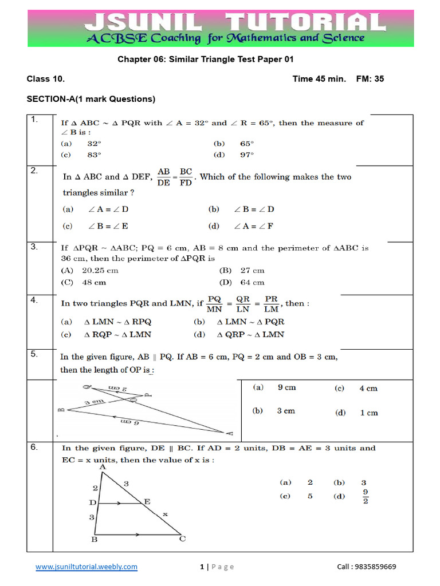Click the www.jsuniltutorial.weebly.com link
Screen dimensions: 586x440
(86, 567)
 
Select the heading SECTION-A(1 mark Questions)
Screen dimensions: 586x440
(91, 99)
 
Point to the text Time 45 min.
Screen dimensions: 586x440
(319, 79)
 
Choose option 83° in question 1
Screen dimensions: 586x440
(94, 155)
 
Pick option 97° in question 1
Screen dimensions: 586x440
(247, 155)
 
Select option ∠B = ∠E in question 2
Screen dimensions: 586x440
(108, 226)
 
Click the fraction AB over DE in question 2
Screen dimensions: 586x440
(164, 177)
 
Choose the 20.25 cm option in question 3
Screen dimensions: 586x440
(100, 270)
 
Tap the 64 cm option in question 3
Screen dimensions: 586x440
(252, 282)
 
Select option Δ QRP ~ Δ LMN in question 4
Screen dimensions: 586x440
(250, 335)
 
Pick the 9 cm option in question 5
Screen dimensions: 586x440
(286, 387)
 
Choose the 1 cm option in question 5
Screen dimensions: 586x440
(368, 413)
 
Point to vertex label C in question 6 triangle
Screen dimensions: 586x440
(182, 539)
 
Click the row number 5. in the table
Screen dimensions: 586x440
(35, 354)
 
